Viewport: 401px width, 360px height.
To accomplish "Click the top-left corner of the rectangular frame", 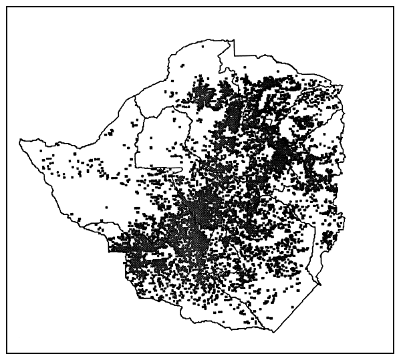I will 7,7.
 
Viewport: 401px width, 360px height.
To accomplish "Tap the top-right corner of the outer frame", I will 393,7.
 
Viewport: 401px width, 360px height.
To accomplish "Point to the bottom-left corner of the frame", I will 7,352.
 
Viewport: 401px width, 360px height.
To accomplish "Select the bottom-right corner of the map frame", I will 393,352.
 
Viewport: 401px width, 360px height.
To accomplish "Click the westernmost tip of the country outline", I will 20,140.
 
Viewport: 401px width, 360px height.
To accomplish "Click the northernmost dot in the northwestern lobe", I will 182,65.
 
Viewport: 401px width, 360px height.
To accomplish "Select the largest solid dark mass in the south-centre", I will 194,234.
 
